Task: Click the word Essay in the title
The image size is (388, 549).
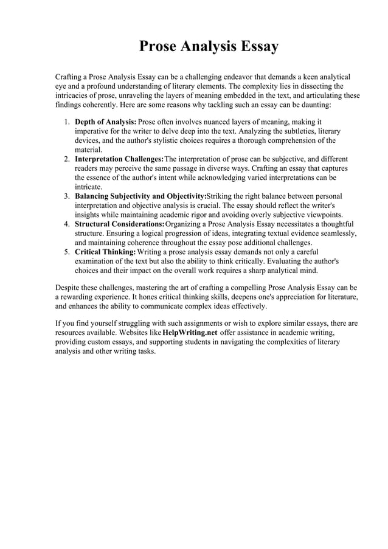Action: click(x=257, y=47)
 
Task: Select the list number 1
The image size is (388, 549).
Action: click(x=66, y=122)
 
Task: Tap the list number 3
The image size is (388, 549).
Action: click(x=66, y=196)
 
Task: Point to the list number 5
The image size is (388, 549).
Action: click(x=66, y=252)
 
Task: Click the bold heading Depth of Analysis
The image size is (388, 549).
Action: click(x=105, y=122)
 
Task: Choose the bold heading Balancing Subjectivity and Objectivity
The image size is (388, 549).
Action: click(x=140, y=196)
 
